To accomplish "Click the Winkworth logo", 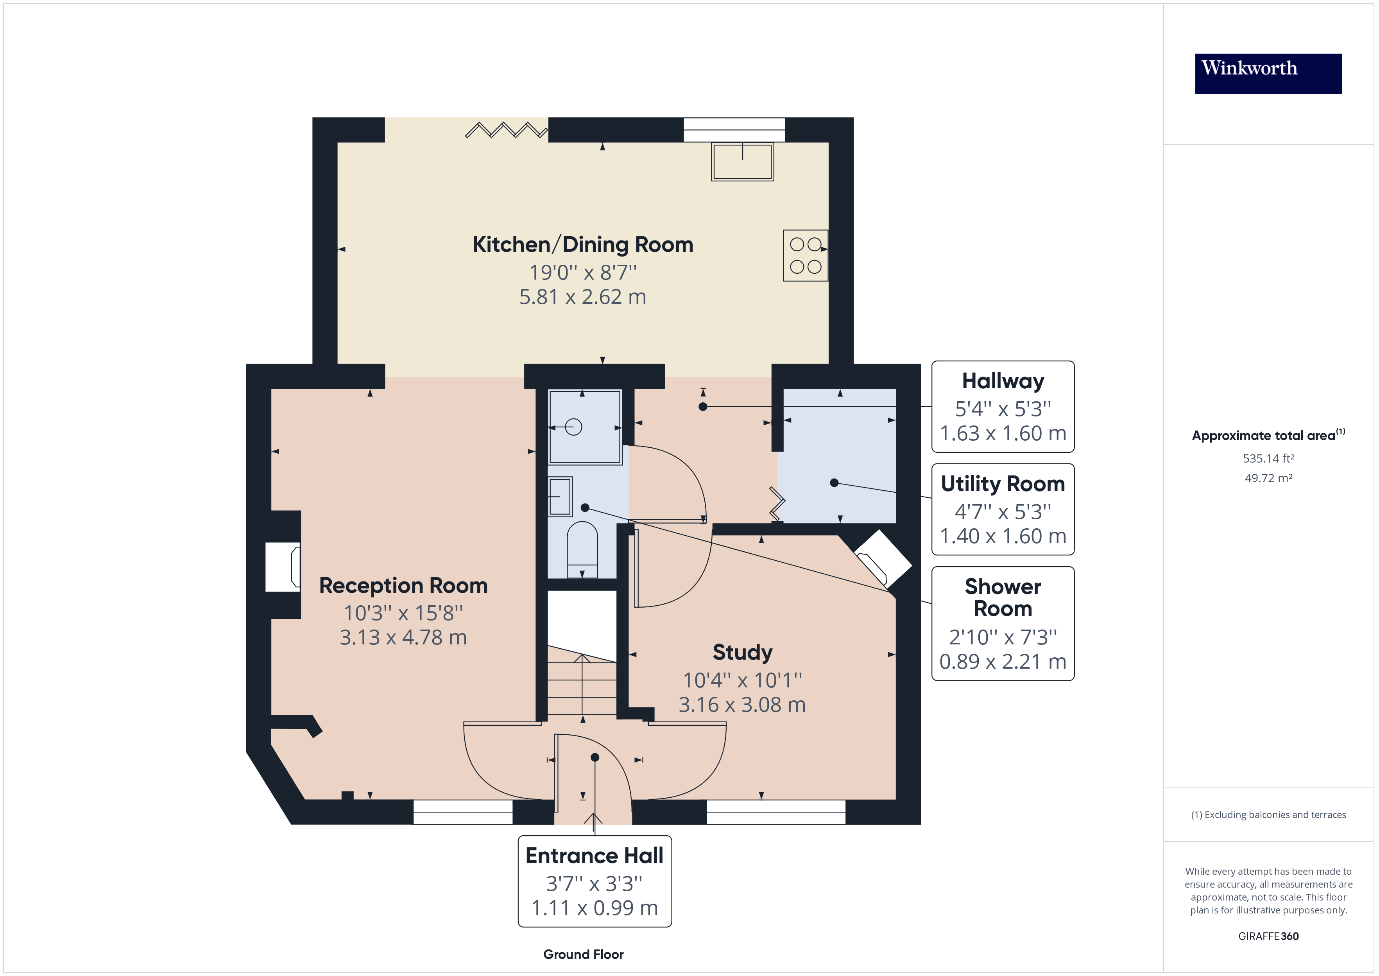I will (1268, 74).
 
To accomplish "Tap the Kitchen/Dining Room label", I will (582, 245).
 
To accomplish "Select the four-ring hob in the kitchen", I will (805, 255).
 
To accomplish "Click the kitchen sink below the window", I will (742, 161).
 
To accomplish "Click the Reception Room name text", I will (403, 585).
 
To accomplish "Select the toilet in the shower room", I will (582, 548).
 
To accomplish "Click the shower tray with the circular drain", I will (584, 427).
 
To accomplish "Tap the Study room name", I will (742, 652).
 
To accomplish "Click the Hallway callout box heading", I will (1003, 381).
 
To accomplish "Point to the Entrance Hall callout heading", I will (594, 855).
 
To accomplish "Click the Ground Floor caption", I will (583, 954).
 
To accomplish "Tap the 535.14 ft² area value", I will (1268, 459).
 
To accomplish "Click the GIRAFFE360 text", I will (1268, 937).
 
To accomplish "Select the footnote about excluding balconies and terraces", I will (1268, 815).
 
